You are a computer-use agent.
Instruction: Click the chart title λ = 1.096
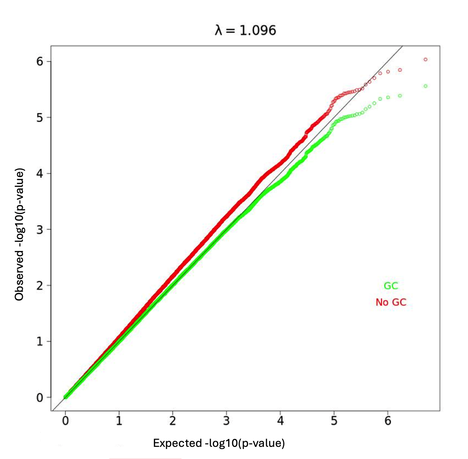pyautogui.click(x=245, y=30)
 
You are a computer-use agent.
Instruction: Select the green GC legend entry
pyautogui.click(x=391, y=286)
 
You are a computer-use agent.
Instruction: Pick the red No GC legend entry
pyautogui.click(x=391, y=302)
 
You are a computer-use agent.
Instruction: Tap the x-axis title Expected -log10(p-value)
pyautogui.click(x=219, y=443)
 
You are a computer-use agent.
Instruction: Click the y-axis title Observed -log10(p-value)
pyautogui.click(x=20, y=234)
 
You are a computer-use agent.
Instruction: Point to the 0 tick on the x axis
pyautogui.click(x=65, y=421)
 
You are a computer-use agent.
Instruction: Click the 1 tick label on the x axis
pyautogui.click(x=119, y=421)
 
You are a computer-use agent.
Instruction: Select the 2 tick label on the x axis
pyautogui.click(x=173, y=421)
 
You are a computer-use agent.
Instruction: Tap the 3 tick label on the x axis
pyautogui.click(x=226, y=421)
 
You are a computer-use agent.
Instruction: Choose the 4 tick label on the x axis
pyautogui.click(x=280, y=421)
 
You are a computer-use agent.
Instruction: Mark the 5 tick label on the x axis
pyautogui.click(x=334, y=421)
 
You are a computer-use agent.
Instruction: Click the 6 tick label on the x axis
pyautogui.click(x=388, y=421)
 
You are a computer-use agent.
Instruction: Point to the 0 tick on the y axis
pyautogui.click(x=40, y=398)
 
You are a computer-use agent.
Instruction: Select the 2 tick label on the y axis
pyautogui.click(x=40, y=286)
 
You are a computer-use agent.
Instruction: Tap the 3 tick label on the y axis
pyautogui.click(x=40, y=230)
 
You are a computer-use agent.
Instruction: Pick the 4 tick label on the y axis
pyautogui.click(x=40, y=173)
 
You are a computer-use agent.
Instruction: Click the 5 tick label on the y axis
pyautogui.click(x=40, y=117)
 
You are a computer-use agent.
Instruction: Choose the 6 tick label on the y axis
pyautogui.click(x=40, y=61)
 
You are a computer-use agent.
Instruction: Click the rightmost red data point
pyautogui.click(x=425, y=60)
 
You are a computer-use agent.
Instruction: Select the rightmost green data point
pyautogui.click(x=425, y=86)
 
